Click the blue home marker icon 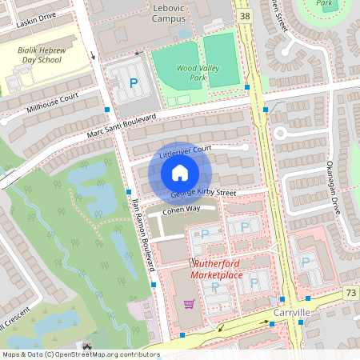click(180, 173)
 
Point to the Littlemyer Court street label click(185, 150)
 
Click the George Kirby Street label click(203, 193)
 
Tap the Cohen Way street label click(182, 210)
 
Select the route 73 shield click(351, 294)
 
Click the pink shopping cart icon click(190, 303)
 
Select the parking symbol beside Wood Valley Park click(134, 82)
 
